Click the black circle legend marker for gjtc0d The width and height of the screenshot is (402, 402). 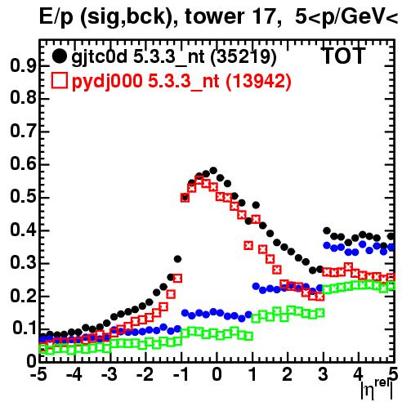click(59, 56)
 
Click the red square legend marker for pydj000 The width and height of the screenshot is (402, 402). click(59, 81)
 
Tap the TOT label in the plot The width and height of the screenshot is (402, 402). click(343, 56)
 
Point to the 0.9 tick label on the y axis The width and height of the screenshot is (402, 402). click(23, 65)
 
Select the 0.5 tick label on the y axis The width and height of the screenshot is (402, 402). click(23, 197)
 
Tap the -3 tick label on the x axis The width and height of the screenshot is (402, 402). click(109, 374)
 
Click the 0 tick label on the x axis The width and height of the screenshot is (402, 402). click(217, 374)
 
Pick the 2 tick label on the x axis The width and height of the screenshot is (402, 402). click(288, 374)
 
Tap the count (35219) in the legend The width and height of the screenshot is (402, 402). click(243, 57)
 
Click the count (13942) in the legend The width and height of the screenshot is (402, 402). click(259, 81)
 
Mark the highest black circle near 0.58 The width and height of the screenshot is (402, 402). click(213, 171)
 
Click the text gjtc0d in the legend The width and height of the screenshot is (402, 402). click(100, 57)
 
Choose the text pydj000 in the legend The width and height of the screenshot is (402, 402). click(107, 82)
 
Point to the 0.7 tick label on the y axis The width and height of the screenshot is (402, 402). click(23, 132)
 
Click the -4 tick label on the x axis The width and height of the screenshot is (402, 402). click(74, 374)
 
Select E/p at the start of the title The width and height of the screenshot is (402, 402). click(56, 18)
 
